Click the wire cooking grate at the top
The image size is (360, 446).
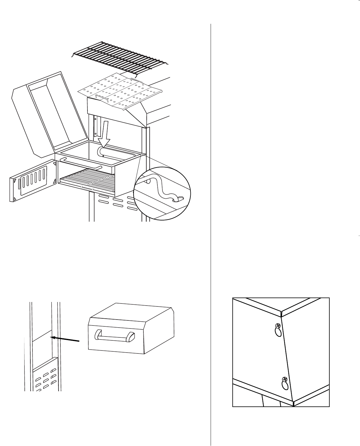[x=121, y=57]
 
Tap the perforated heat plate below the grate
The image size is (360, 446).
[x=119, y=91]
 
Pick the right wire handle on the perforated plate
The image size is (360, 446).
[x=137, y=81]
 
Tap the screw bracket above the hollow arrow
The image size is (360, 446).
[x=96, y=125]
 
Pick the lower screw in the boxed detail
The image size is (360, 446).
[x=284, y=379]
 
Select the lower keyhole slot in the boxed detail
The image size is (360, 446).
[x=285, y=386]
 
